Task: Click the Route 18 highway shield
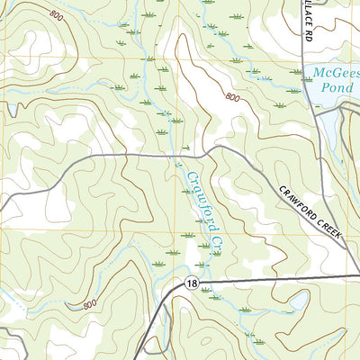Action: pyautogui.click(x=192, y=283)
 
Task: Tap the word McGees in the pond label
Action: pyautogui.click(x=330, y=72)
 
